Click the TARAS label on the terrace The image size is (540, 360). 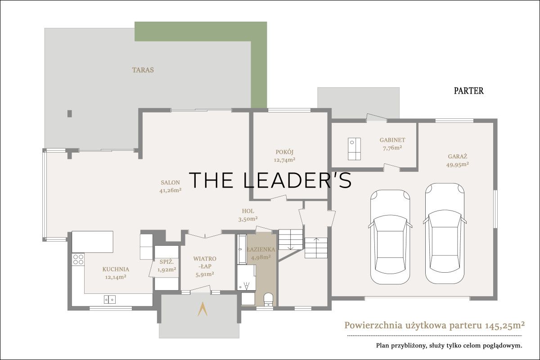[143, 70]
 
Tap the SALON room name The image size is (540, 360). [170, 183]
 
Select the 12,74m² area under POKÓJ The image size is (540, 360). [284, 160]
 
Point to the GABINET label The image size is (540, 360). [392, 140]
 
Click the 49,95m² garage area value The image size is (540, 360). [457, 164]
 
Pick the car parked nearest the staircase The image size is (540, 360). [390, 237]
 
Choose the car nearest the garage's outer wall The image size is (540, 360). [445, 233]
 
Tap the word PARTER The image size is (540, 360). [468, 90]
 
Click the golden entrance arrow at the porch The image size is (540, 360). [202, 309]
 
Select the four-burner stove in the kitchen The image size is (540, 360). [78, 259]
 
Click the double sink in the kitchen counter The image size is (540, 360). [110, 300]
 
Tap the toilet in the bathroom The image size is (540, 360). [268, 300]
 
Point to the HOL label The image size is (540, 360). [248, 211]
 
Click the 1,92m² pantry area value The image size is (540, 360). [166, 270]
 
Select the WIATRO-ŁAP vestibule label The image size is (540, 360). [205, 262]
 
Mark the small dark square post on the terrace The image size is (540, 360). [70, 113]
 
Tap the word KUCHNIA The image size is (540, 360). [116, 270]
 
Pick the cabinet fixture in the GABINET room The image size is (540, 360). [354, 149]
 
